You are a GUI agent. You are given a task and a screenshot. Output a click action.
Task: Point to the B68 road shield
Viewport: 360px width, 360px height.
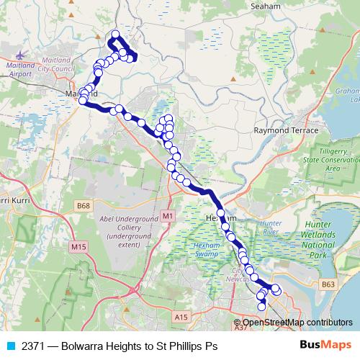coord(84,206)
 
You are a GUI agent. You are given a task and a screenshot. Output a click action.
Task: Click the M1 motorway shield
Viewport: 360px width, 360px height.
coord(168,215)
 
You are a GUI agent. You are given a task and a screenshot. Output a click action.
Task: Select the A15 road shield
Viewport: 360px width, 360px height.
coord(181,315)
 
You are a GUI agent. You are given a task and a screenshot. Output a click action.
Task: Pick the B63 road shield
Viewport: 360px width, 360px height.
coord(329,284)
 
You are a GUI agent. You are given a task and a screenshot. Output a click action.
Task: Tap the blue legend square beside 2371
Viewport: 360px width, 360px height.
coord(10,346)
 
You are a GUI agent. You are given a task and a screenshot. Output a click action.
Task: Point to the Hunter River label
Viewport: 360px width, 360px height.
coord(271,228)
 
